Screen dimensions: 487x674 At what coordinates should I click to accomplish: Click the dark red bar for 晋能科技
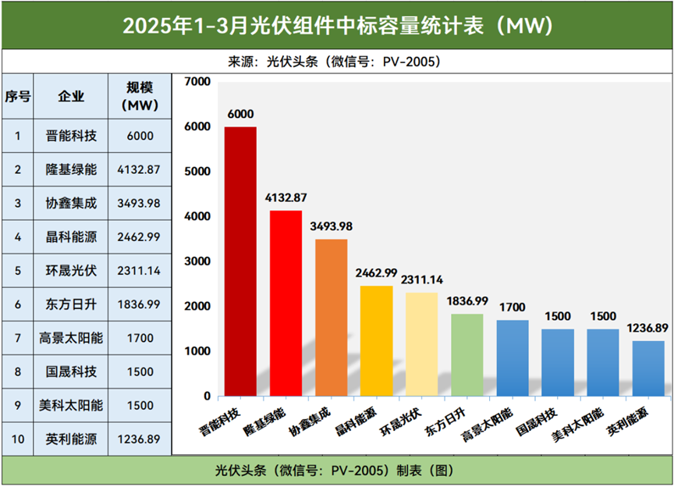240,261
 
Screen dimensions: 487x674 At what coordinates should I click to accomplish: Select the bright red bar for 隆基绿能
286,303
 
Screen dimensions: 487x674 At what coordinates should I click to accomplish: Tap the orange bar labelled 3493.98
331,317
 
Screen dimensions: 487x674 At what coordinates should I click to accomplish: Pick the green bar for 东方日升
466,354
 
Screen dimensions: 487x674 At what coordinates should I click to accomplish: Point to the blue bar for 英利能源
647,368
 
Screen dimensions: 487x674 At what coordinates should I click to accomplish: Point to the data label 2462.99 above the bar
376,273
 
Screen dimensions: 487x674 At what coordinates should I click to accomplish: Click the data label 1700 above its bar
512,307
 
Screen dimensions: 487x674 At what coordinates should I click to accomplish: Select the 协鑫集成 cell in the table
71,202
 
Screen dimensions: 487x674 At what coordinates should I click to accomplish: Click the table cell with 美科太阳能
71,405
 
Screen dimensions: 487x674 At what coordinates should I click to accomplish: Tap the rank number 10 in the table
17,439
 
